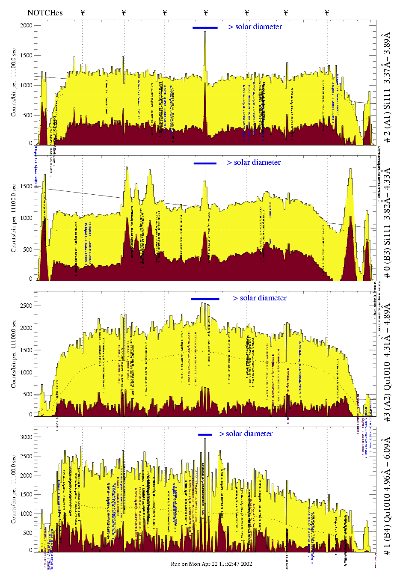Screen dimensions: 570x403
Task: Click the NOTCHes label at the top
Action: point(45,13)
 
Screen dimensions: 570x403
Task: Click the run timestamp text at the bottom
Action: point(211,564)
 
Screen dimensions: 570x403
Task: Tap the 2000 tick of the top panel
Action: point(27,25)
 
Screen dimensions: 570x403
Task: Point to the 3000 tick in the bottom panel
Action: point(27,437)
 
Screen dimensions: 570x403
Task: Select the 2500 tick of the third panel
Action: point(27,306)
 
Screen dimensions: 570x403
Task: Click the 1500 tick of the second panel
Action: point(27,186)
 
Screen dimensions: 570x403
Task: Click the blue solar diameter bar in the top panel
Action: point(205,28)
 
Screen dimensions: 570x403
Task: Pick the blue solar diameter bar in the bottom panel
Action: point(205,435)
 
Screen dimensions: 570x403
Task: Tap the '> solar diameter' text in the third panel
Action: point(260,298)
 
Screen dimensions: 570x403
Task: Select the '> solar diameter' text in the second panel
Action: point(254,162)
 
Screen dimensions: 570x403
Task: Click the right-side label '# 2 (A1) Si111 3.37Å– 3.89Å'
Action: point(387,87)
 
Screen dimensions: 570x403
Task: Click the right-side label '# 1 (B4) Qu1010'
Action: point(387,496)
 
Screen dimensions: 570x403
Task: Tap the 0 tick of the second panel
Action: point(30,279)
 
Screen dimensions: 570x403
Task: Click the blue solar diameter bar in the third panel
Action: point(205,299)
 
